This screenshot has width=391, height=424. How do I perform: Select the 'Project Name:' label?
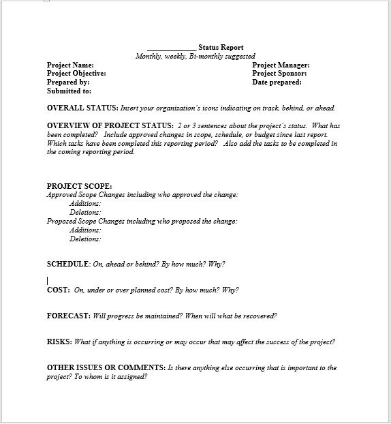[70, 65]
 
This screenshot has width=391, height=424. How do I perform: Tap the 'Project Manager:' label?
[281, 65]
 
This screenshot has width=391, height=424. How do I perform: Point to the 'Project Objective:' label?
[76, 73]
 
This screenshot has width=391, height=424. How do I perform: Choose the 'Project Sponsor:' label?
[279, 73]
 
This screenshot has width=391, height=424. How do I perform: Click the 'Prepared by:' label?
[68, 82]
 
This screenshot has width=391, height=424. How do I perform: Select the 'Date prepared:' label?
[277, 82]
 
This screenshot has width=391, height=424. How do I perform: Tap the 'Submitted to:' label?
[69, 91]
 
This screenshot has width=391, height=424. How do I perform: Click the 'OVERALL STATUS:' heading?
[82, 108]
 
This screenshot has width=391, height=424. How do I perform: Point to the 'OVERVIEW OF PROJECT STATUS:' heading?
[110, 126]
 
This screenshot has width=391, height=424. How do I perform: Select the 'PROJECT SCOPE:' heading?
[79, 186]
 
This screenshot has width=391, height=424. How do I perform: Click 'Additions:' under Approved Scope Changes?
[85, 203]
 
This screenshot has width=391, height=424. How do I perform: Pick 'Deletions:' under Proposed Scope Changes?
[85, 239]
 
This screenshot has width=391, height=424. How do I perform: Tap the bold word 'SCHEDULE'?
[67, 264]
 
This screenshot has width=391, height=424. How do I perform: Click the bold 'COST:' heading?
[58, 290]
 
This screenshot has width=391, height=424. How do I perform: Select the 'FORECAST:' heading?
[68, 316]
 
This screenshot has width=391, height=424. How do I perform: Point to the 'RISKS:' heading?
[59, 342]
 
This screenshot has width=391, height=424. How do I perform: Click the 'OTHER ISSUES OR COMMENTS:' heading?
[106, 367]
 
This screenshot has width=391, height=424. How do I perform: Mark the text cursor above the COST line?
[48, 280]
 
